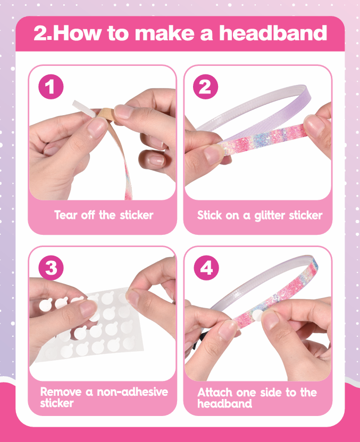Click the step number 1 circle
[x=51, y=87]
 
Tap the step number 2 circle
[x=205, y=87]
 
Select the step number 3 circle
[x=51, y=268]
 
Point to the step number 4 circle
[x=206, y=268]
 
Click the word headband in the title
[x=273, y=33]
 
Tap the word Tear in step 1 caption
[x=66, y=215]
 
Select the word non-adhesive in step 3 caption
[x=132, y=392]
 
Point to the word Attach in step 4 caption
[x=215, y=393]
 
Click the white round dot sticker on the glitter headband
[x=257, y=316]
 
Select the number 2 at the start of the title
[x=41, y=33]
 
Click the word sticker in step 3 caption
[x=57, y=403]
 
